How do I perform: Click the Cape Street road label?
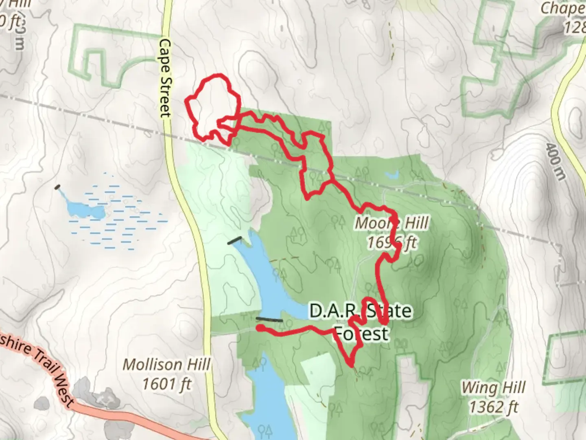165,78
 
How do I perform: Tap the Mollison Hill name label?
167,364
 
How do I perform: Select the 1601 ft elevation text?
167,383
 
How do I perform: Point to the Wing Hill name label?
493,387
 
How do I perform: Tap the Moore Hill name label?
391,223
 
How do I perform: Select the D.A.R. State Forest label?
361,322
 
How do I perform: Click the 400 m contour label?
556,161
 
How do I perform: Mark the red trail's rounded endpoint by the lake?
260,328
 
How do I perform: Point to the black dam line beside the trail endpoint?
269,320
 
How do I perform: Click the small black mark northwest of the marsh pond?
57,187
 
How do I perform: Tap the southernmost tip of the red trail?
351,365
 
